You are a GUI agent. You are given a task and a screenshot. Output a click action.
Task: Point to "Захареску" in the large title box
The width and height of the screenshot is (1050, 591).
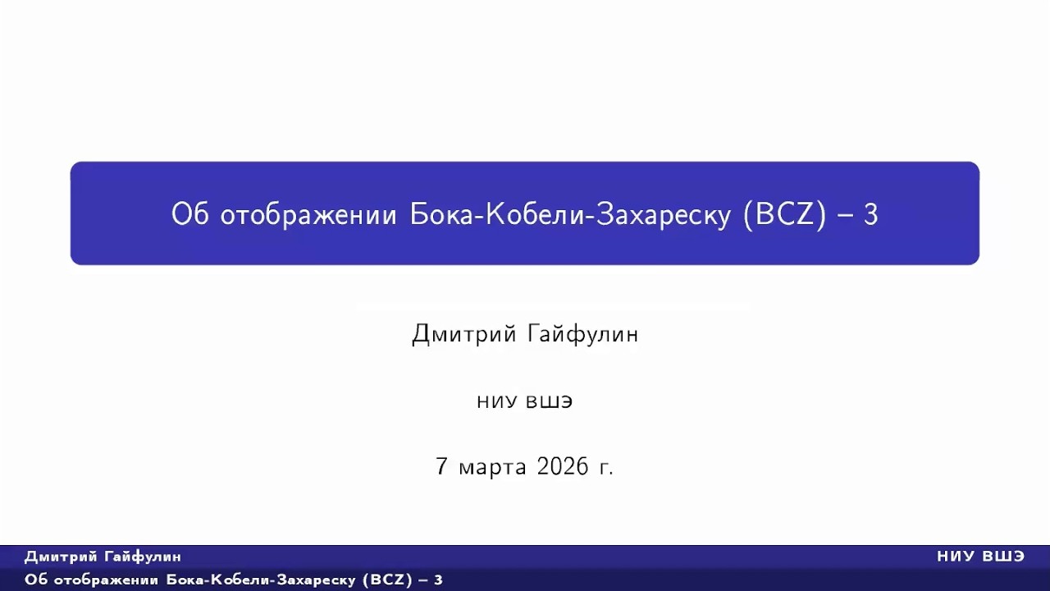(x=663, y=215)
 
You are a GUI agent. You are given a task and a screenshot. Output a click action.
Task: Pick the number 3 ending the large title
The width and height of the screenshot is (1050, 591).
(x=871, y=215)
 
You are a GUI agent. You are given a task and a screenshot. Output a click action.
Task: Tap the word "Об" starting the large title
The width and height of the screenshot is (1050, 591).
(x=191, y=215)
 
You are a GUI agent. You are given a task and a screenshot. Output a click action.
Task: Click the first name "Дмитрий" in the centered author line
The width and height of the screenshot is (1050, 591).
(x=464, y=334)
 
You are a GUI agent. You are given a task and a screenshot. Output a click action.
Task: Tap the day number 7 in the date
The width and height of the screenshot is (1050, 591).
(x=442, y=466)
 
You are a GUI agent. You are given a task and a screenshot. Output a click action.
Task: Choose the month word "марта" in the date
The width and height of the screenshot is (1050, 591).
(x=492, y=467)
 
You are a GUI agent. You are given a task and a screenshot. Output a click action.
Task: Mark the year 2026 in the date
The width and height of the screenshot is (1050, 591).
(x=563, y=466)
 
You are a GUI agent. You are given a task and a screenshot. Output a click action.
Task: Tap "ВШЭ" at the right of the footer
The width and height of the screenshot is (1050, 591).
(x=1002, y=557)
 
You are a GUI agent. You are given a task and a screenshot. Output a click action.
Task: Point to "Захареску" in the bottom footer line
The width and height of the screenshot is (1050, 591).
(x=319, y=580)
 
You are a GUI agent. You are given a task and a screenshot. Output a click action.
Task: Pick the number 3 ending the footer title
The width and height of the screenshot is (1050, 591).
(x=439, y=580)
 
